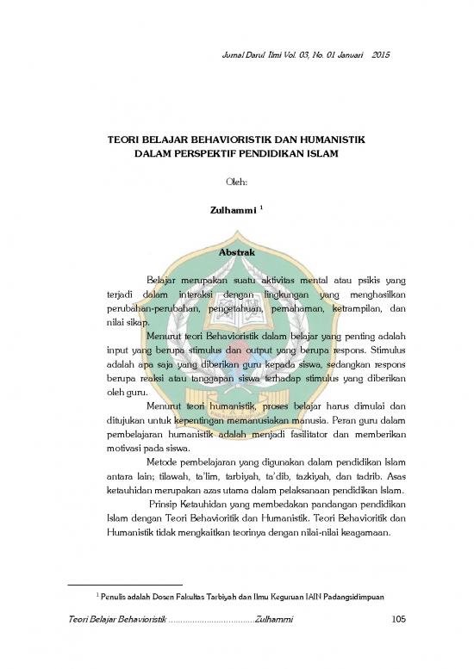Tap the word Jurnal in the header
point(246,56)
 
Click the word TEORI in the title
point(123,138)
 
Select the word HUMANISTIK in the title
point(327,138)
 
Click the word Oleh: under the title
point(236,182)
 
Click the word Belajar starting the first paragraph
point(166,281)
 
